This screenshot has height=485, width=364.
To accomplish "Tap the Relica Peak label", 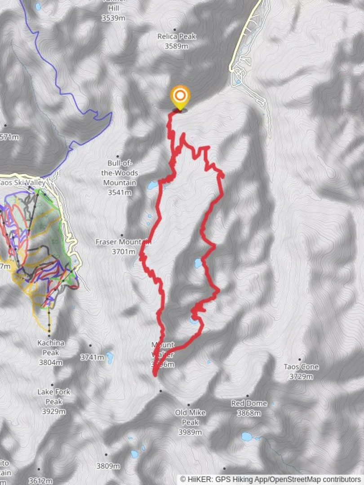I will (177, 36).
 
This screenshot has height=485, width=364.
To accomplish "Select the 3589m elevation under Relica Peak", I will (176, 46).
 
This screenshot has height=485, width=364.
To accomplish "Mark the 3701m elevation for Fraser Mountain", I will (123, 251).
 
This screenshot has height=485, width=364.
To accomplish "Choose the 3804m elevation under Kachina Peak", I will (51, 362).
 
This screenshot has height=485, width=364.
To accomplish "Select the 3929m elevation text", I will (54, 411).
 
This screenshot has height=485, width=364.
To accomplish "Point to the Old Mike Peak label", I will (190, 418).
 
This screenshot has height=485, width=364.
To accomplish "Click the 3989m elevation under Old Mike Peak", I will (190, 432).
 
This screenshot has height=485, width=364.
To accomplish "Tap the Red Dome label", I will (249, 403).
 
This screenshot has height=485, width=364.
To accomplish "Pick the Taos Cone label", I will (301, 367).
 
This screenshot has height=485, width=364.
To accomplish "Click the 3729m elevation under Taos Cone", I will (301, 376).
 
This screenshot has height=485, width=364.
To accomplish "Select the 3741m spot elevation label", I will (92, 357).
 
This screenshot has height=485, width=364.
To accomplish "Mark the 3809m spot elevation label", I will (108, 466).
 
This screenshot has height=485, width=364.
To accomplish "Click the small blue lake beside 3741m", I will (110, 357).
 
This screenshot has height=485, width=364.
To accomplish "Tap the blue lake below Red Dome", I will (246, 436).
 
